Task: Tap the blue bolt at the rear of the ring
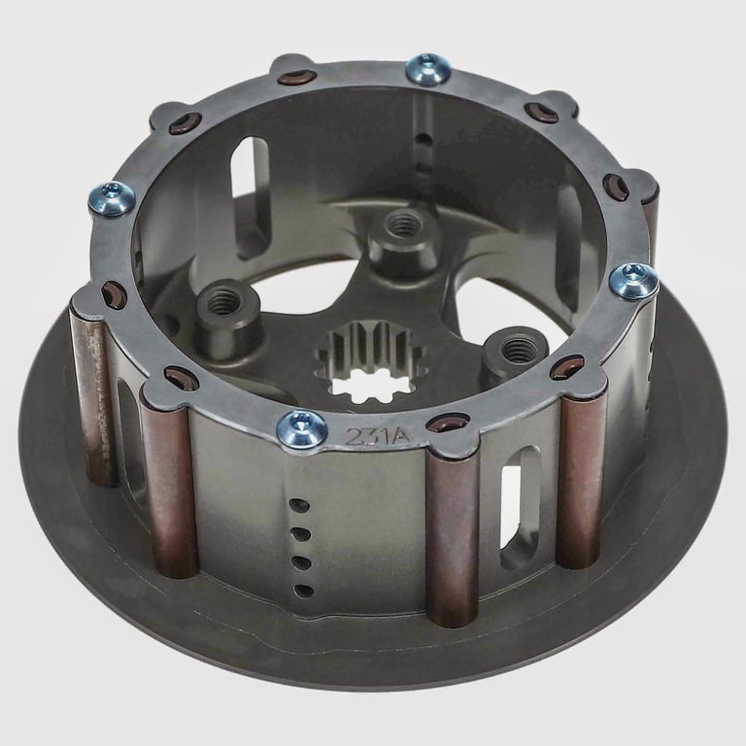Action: pyautogui.click(x=427, y=67)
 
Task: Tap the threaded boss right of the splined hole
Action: pyautogui.click(x=516, y=350)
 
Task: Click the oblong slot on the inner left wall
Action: pyautogui.click(x=255, y=171)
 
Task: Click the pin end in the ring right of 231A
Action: pyautogui.click(x=448, y=423)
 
